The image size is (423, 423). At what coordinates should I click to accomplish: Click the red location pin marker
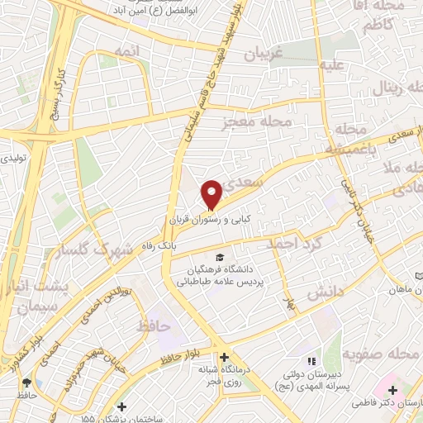211,193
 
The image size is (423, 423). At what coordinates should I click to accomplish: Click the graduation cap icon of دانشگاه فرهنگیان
219,257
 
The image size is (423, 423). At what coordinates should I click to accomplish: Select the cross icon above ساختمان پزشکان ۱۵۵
122,406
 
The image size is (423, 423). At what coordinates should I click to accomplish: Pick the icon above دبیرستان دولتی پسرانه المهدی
311,361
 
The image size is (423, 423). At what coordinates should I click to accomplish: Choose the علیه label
331,65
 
